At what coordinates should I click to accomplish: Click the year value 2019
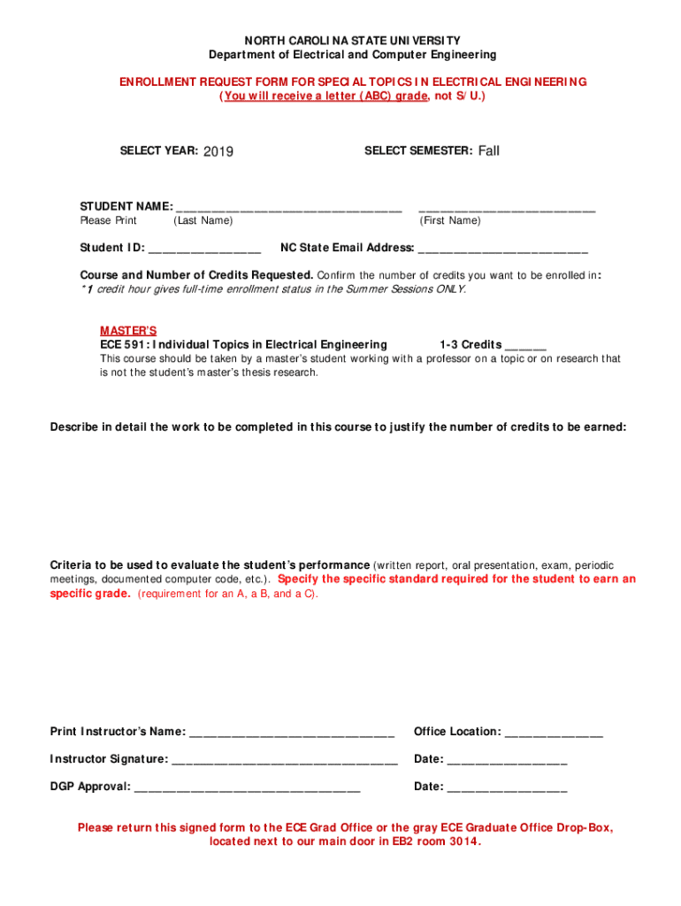coord(218,151)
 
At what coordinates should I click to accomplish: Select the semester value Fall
coord(489,151)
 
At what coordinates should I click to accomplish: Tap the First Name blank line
coord(507,209)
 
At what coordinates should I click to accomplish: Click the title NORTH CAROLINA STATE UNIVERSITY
coord(340,41)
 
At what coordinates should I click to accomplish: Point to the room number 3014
coord(465,841)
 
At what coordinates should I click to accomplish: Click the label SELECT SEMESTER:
coord(418,151)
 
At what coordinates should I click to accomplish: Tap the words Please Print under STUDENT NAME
coord(109,220)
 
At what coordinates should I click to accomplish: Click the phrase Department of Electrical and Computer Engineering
coord(340,55)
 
